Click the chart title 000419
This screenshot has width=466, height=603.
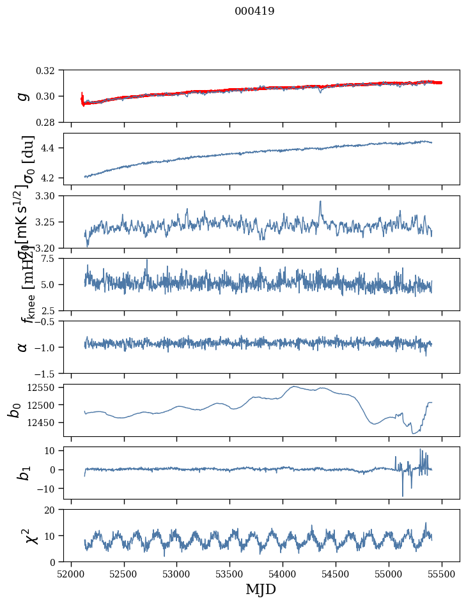pos(254,11)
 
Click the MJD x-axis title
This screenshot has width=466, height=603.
pos(261,589)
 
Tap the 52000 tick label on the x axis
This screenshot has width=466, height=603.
pos(71,573)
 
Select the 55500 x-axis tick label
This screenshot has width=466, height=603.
pos(442,573)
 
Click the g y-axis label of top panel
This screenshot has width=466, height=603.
pos(23,96)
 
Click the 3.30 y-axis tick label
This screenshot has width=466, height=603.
pos(49,196)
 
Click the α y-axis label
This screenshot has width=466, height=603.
pos(23,347)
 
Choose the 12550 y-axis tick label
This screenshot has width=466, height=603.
pos(45,387)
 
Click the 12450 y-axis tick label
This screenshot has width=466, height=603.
pos(45,422)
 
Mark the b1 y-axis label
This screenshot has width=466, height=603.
pos(23,473)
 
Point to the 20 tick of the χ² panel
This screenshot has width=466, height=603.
pos(54,510)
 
